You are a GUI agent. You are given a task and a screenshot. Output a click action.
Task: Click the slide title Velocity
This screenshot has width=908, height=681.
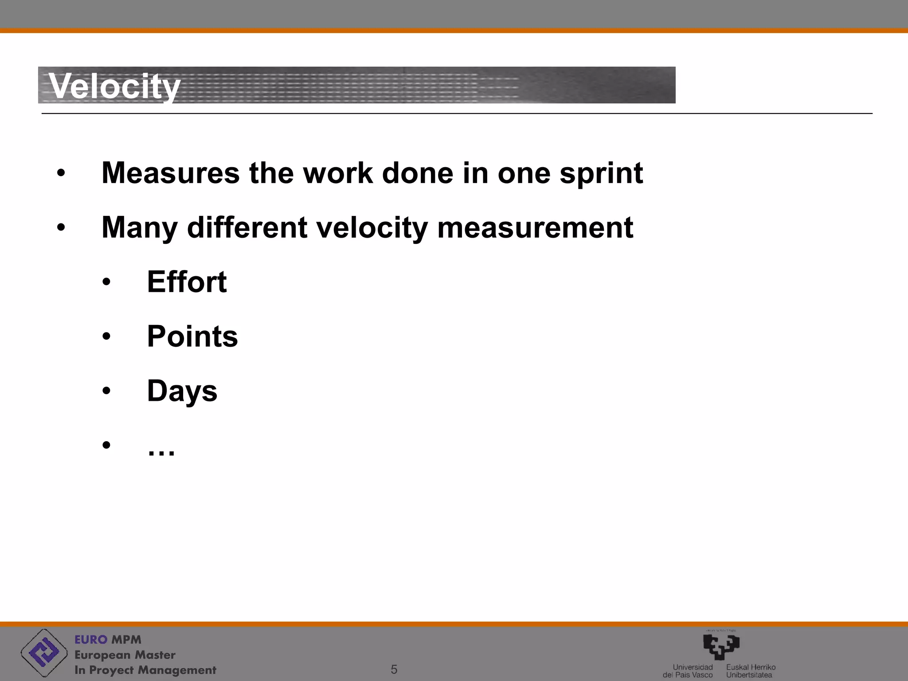pyautogui.click(x=114, y=86)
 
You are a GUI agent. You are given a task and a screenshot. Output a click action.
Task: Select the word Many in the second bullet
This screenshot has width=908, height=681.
pyautogui.click(x=139, y=227)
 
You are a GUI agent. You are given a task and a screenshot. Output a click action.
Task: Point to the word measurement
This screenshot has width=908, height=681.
pyautogui.click(x=535, y=227)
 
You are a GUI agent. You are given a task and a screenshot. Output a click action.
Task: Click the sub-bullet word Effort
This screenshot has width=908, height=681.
pyautogui.click(x=187, y=282)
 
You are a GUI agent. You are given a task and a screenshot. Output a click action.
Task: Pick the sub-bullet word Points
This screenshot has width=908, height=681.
pyautogui.click(x=192, y=337)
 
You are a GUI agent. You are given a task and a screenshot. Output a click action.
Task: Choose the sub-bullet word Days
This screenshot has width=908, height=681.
pyautogui.click(x=182, y=391)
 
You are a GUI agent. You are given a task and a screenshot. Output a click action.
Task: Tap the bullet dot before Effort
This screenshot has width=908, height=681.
pyautogui.click(x=106, y=282)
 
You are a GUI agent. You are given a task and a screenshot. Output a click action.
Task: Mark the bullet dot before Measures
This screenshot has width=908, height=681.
pyautogui.click(x=61, y=173)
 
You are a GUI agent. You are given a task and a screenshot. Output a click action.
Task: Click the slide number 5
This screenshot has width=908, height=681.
pyautogui.click(x=394, y=669)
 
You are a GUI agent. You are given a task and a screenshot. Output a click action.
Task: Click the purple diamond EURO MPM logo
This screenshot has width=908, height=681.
pyautogui.click(x=44, y=653)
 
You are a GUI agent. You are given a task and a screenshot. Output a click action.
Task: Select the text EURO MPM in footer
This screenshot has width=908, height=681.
pyautogui.click(x=108, y=639)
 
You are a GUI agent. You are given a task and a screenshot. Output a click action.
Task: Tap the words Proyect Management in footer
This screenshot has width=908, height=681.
pyautogui.click(x=153, y=670)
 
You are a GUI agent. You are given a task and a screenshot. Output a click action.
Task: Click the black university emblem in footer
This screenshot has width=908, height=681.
pyautogui.click(x=721, y=646)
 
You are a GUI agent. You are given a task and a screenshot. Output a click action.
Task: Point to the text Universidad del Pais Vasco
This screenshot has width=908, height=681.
pyautogui.click(x=689, y=671)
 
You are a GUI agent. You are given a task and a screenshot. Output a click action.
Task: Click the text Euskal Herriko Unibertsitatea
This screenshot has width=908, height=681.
pyautogui.click(x=751, y=671)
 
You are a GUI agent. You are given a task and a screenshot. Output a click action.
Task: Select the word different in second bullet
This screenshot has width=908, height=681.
pyautogui.click(x=247, y=227)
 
